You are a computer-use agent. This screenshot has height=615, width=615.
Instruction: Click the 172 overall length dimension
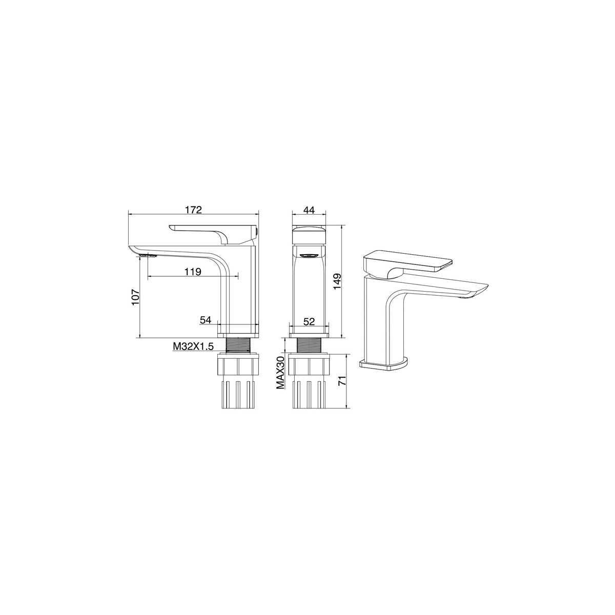(193, 210)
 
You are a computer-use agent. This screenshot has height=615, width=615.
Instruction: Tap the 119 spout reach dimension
(193, 263)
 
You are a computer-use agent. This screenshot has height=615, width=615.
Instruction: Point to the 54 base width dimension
(206, 320)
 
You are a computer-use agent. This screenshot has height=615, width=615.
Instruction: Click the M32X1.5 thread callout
(193, 346)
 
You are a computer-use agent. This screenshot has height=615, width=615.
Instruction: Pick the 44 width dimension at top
(309, 210)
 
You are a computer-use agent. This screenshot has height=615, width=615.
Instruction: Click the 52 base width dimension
(309, 321)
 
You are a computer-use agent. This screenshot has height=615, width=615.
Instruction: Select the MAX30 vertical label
(280, 372)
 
